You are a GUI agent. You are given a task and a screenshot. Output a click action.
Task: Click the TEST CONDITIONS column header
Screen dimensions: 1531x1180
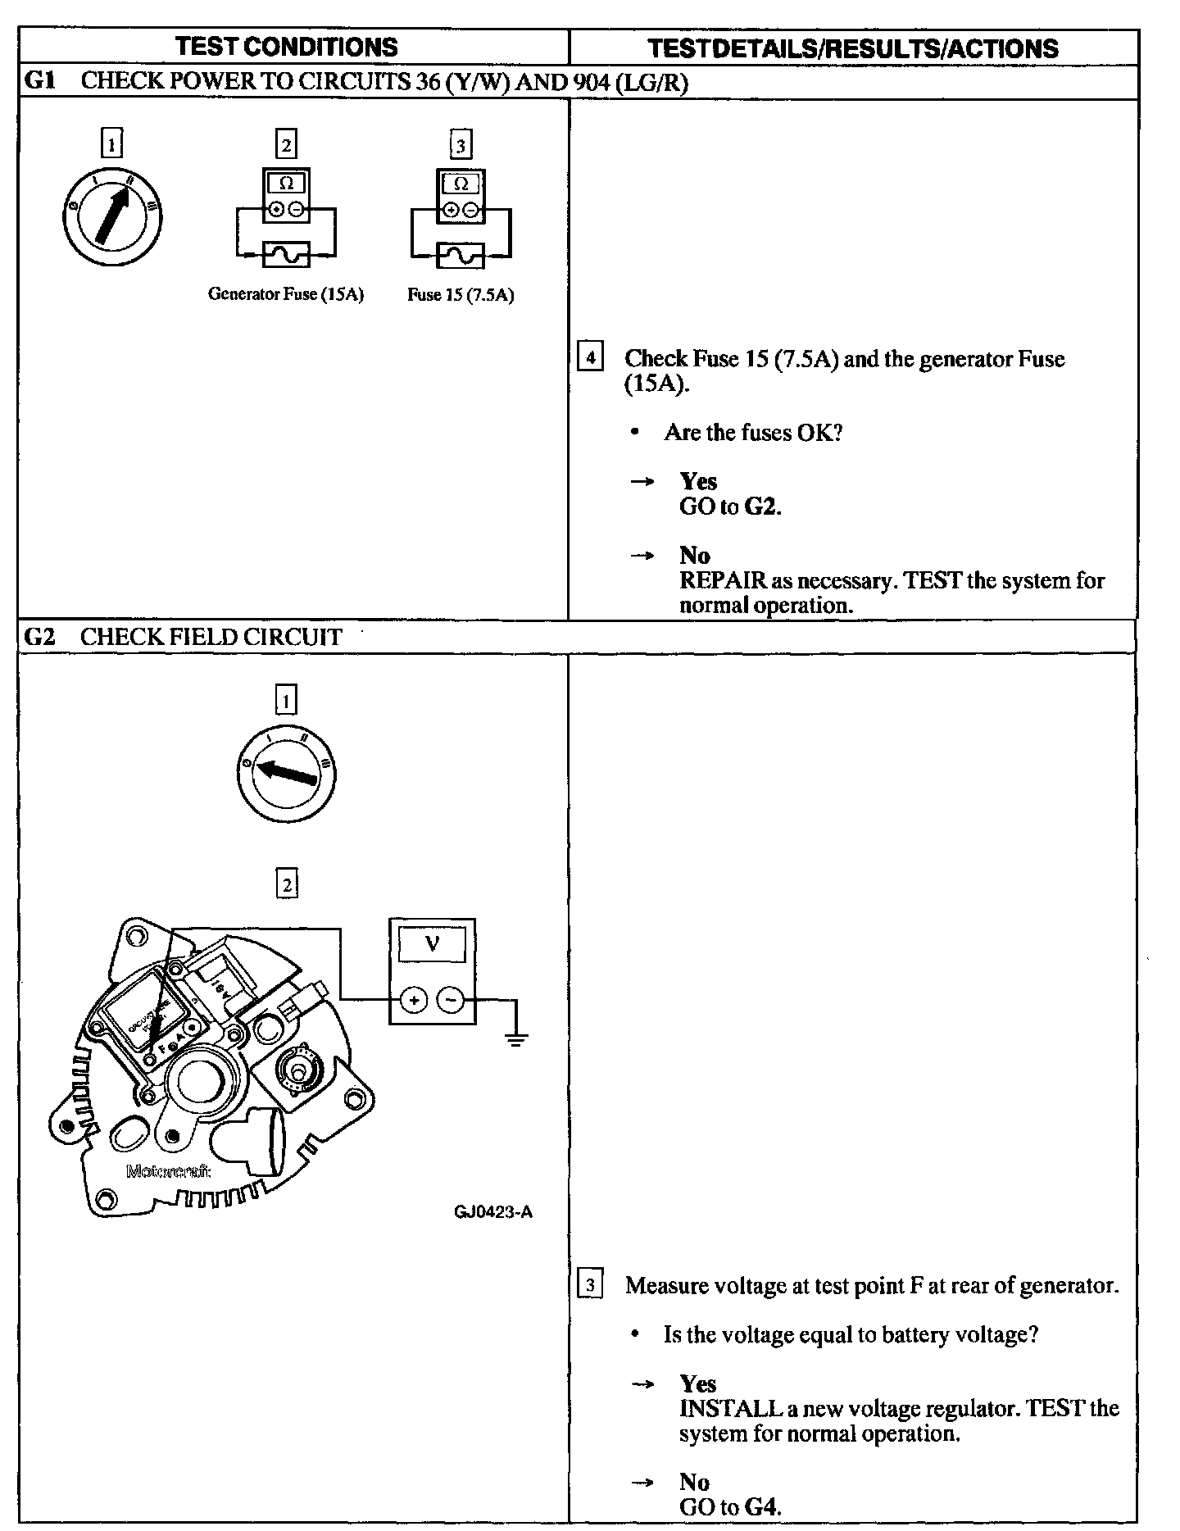[286, 48]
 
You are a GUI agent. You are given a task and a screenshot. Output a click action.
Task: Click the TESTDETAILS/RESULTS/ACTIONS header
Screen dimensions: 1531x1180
[853, 48]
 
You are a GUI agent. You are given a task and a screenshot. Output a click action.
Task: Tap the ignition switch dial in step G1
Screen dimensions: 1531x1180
[112, 216]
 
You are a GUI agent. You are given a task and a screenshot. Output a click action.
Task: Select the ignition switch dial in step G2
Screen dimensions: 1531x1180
[286, 774]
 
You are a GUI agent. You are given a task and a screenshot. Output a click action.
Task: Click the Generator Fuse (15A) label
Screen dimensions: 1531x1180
[285, 294]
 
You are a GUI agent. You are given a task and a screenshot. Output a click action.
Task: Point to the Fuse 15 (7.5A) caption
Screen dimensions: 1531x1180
[461, 295]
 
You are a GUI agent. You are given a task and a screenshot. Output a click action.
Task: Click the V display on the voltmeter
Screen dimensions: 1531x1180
[432, 944]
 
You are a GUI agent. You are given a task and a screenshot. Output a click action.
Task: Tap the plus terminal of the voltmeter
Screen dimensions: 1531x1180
[414, 1000]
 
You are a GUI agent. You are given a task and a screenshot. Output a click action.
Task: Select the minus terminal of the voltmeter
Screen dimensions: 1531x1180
[451, 1000]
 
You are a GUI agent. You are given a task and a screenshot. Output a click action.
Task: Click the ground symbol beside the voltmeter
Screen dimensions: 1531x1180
[515, 1040]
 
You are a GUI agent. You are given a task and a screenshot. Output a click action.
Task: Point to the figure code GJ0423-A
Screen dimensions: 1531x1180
[493, 1212]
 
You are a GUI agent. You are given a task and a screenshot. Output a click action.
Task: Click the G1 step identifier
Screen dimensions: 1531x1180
[39, 81]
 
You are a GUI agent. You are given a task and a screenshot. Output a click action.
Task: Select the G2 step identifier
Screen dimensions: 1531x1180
[39, 637]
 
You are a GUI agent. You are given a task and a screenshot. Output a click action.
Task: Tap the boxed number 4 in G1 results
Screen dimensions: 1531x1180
[590, 358]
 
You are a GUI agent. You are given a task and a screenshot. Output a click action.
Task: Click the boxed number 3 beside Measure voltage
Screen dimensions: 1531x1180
[590, 1284]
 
